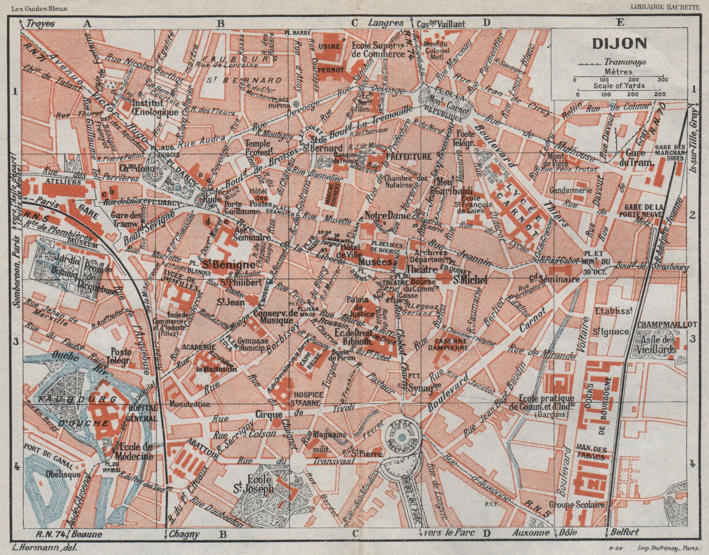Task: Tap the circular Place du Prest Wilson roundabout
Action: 401,438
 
